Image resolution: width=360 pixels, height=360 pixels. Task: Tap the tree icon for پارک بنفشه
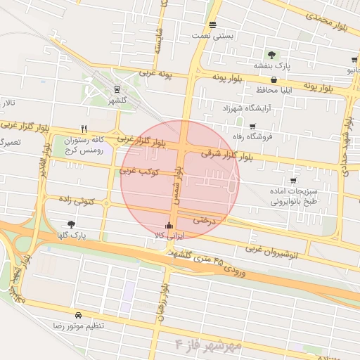tap(271, 54)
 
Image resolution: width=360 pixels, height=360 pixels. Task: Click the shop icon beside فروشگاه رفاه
tap(252, 126)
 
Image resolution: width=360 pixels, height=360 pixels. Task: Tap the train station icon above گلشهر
tap(116, 89)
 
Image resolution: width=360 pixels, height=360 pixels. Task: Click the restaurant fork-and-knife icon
tap(84, 129)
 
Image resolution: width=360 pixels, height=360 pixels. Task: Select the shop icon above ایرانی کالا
tap(168, 226)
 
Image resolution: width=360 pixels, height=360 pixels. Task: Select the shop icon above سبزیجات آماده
tap(292, 180)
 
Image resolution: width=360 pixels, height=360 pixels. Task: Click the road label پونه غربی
tap(156, 73)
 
